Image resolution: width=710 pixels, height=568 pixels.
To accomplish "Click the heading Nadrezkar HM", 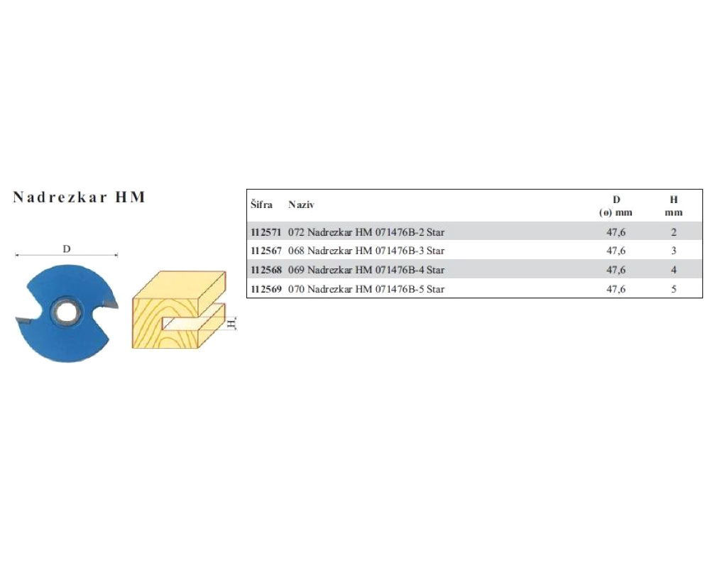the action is click(x=80, y=197).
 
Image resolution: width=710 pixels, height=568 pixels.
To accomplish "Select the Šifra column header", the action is click(x=262, y=204).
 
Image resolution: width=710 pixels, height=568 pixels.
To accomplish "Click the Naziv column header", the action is click(x=301, y=204).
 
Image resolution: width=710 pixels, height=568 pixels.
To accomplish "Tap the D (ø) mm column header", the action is click(x=616, y=206).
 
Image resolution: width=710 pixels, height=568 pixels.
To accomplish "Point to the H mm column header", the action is click(x=673, y=206).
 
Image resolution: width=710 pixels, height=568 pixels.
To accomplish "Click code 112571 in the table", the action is click(x=266, y=232).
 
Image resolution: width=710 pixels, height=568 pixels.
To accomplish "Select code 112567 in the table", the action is click(x=266, y=251).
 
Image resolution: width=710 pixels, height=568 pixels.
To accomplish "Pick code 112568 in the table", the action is click(x=266, y=270).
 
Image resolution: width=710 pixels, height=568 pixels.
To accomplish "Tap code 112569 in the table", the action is click(x=266, y=289).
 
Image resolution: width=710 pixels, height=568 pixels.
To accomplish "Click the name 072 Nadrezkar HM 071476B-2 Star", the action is click(x=366, y=232).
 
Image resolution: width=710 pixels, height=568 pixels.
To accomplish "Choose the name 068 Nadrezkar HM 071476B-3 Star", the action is click(x=366, y=251).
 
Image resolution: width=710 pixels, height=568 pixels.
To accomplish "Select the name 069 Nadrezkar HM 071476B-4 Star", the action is click(x=366, y=270).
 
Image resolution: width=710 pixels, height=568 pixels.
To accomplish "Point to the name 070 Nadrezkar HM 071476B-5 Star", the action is click(x=366, y=289).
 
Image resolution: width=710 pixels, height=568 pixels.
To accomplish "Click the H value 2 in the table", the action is click(x=674, y=232).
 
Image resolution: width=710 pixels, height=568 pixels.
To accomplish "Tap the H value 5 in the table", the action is click(x=674, y=289).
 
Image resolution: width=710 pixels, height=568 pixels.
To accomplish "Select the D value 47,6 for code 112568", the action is click(x=616, y=270).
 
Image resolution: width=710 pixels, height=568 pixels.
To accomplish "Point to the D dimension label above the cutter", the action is click(x=67, y=249).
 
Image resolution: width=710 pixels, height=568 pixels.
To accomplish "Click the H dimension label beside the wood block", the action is click(x=231, y=324).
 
